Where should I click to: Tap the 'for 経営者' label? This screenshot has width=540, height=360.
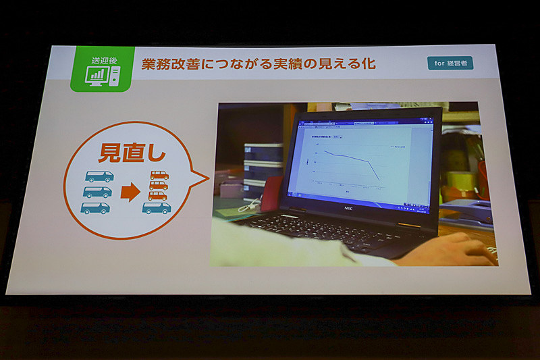(x=450, y=63)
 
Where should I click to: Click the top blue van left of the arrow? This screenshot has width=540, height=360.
(x=99, y=177)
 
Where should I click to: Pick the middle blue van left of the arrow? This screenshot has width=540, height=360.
(x=97, y=192)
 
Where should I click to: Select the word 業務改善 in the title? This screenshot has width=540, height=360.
(x=168, y=64)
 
